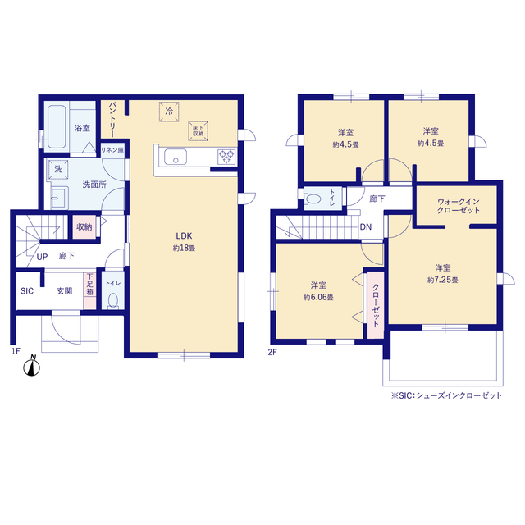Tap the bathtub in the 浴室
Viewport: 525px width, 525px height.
[x=57, y=127]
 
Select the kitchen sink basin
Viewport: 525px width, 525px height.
[x=176, y=157]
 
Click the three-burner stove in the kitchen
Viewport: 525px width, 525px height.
[x=226, y=157]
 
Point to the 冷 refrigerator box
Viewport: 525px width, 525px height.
[x=169, y=112]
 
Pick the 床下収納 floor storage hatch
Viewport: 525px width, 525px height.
[x=199, y=131]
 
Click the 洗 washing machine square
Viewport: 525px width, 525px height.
[x=58, y=170]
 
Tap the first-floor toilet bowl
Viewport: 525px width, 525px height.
[x=113, y=301]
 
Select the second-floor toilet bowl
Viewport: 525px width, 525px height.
[x=313, y=199]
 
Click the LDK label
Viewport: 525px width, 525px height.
[x=184, y=236]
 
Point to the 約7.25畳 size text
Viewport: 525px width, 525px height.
[x=443, y=280]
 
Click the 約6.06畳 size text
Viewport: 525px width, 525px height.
[x=318, y=297]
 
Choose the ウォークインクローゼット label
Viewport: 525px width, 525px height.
[x=459, y=206]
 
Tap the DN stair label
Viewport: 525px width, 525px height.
[x=366, y=227]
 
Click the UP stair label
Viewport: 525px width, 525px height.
[x=42, y=257]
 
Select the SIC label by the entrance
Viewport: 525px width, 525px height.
[x=27, y=291]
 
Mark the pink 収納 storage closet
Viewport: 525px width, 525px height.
[x=84, y=227]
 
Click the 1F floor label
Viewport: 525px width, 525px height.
[x=16, y=351]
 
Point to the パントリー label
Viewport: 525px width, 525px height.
[x=112, y=120]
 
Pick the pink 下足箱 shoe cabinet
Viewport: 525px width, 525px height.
[x=89, y=290]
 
